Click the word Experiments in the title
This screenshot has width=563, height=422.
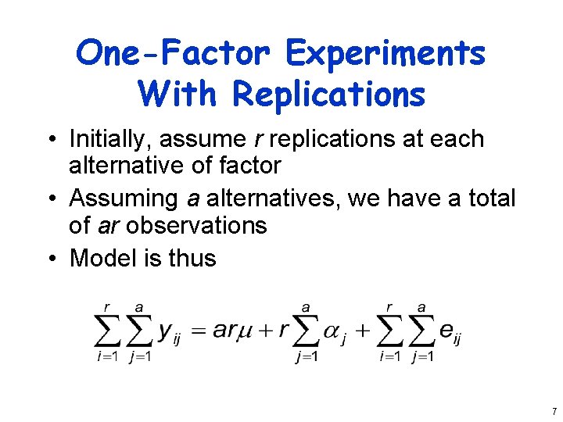click(x=385, y=54)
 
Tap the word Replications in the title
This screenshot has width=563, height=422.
click(x=328, y=95)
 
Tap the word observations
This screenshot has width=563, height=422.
click(x=196, y=226)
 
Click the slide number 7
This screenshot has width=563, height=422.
click(x=554, y=411)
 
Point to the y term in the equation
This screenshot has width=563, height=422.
click(x=167, y=331)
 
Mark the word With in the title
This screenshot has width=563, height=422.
click(x=179, y=95)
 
